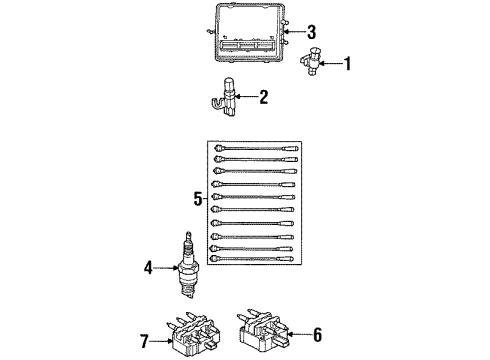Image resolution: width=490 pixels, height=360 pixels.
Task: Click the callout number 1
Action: tap(348, 67)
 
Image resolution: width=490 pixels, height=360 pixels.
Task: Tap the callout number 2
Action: tap(264, 97)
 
